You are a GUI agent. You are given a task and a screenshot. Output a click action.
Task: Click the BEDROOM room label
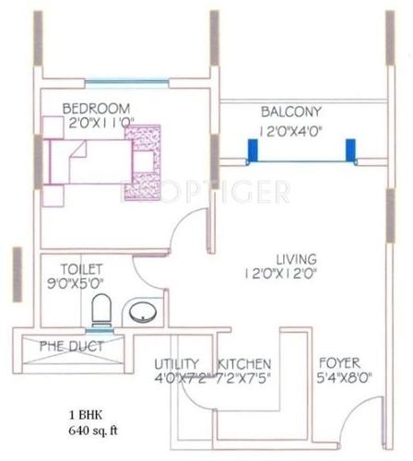(x=96, y=109)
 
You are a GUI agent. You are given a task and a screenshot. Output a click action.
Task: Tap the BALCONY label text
(x=290, y=109)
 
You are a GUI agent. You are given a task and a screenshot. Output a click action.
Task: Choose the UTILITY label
(x=177, y=363)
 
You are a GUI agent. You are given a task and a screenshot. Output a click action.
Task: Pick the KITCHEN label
(x=244, y=363)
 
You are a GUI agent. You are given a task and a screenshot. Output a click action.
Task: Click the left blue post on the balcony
(x=251, y=150)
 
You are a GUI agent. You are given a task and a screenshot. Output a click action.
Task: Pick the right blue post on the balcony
(x=350, y=150)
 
